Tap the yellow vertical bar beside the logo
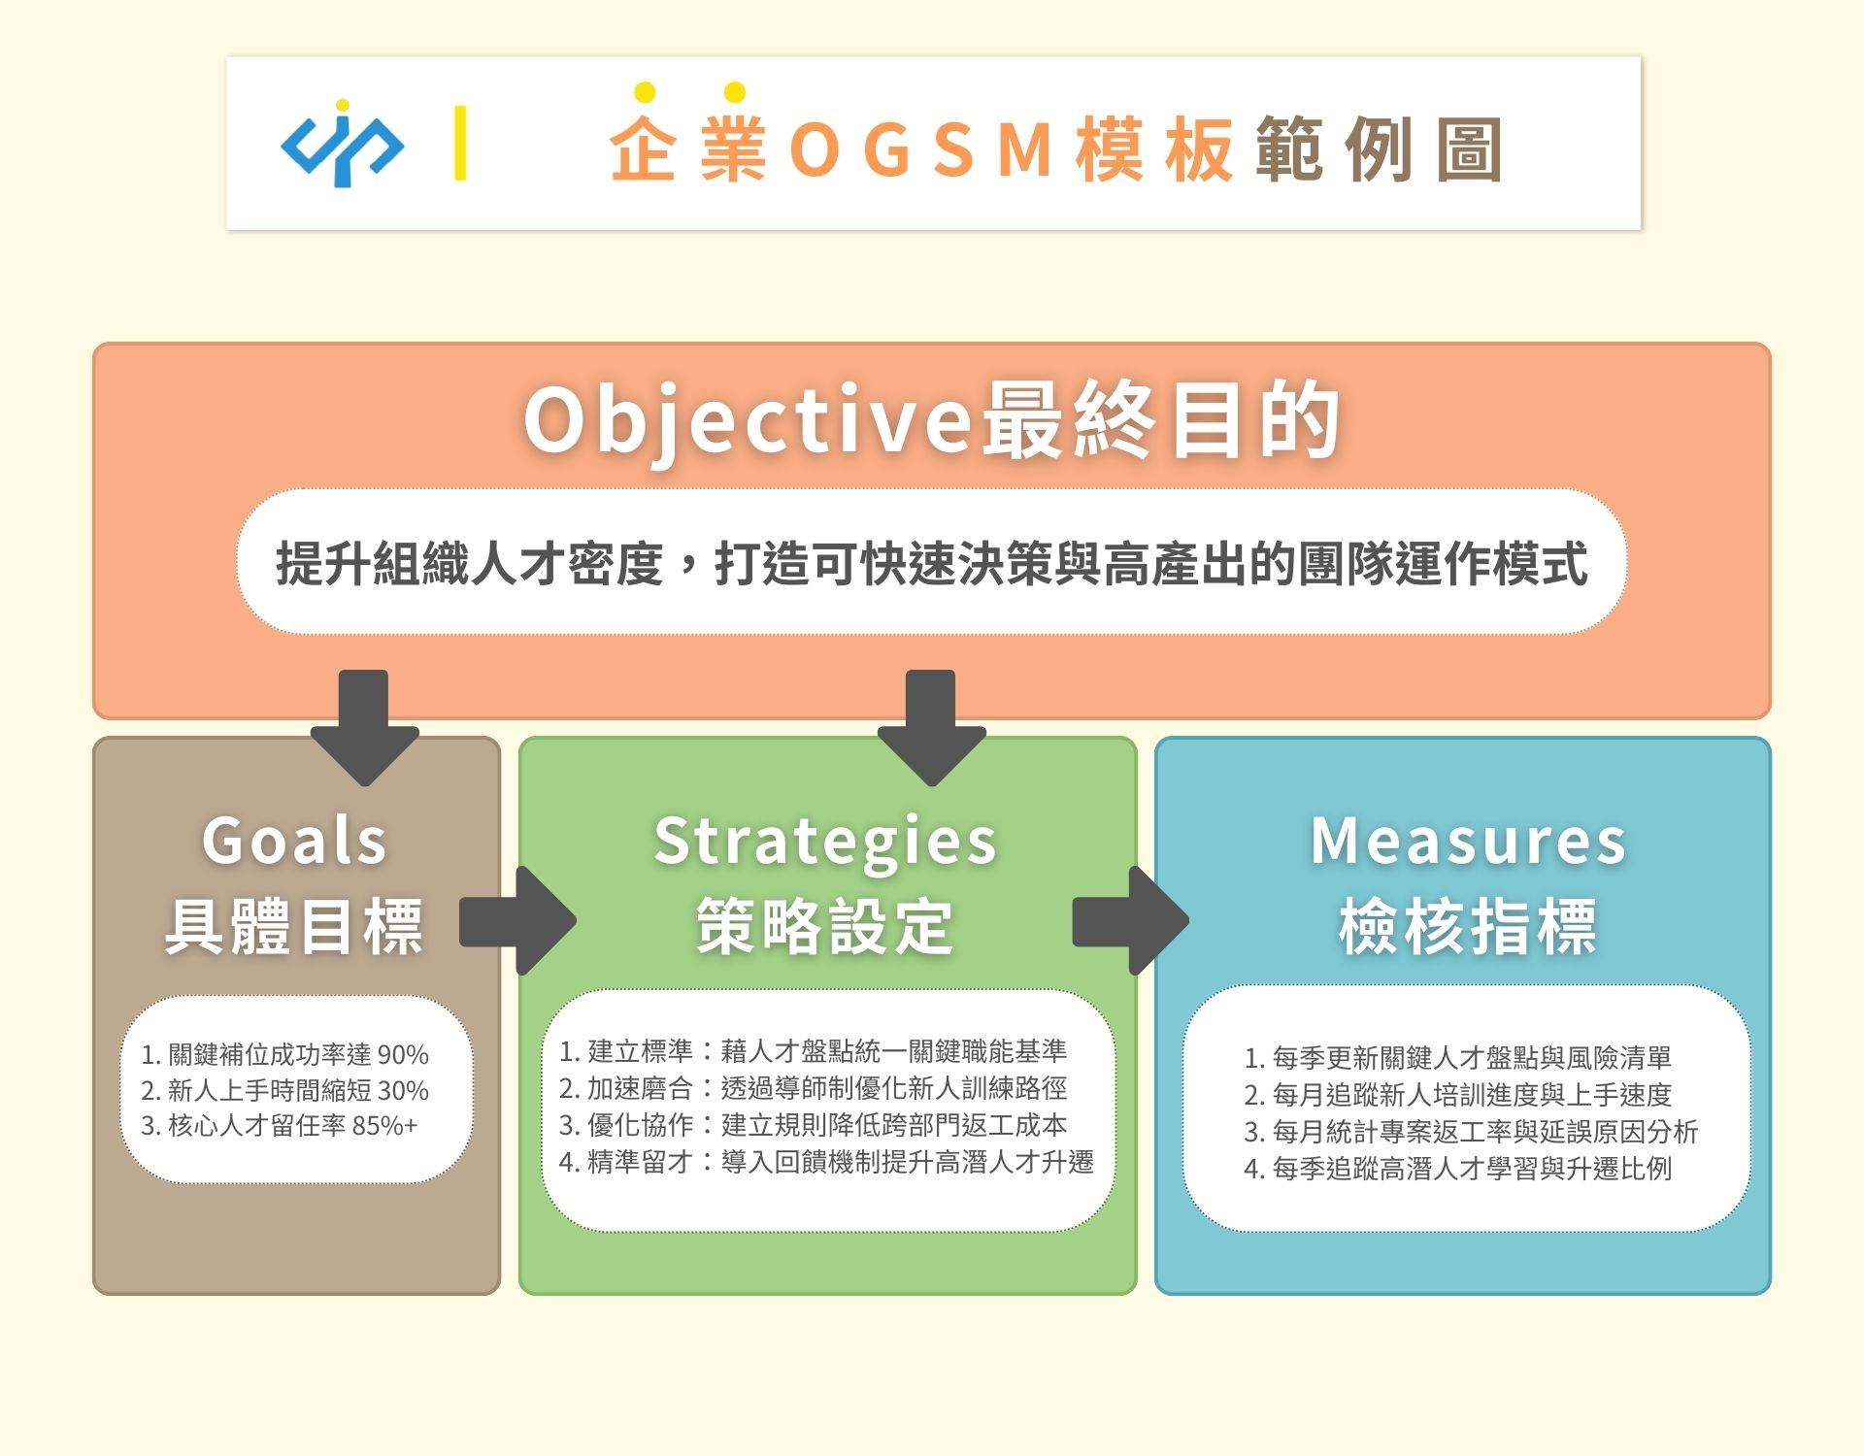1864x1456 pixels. click(460, 144)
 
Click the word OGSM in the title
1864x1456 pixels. click(921, 149)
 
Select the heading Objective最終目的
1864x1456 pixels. click(932, 419)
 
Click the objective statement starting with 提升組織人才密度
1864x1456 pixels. click(932, 563)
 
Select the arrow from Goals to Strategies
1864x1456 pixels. click(518, 921)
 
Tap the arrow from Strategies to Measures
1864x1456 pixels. click(1131, 921)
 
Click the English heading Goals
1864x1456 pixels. click(295, 841)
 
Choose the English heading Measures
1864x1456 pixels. click(1469, 841)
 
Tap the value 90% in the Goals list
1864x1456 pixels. click(403, 1054)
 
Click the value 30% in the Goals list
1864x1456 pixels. click(403, 1090)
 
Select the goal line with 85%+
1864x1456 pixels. click(280, 1126)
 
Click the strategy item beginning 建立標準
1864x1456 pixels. click(814, 1050)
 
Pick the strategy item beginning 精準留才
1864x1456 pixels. click(827, 1161)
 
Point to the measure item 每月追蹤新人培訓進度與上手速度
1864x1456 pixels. click(1458, 1095)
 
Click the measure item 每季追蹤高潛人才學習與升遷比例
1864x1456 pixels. click(1458, 1169)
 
